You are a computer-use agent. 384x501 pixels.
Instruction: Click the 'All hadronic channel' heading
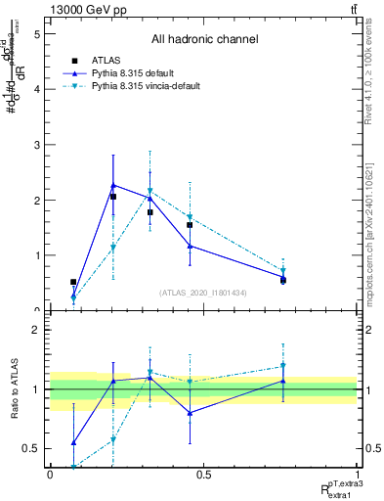(204, 39)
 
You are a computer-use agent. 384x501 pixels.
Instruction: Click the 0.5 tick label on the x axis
(203, 476)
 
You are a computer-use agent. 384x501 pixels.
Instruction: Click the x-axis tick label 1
(357, 476)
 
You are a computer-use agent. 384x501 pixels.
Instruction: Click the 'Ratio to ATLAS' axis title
(14, 388)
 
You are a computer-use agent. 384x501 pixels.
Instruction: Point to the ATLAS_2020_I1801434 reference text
(204, 293)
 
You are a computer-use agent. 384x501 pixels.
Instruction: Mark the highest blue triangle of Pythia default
(113, 185)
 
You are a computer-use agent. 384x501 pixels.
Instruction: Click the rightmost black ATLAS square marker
(283, 280)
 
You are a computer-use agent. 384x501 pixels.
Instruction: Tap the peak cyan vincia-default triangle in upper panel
(149, 192)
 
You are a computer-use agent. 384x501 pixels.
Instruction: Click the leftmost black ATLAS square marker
(73, 282)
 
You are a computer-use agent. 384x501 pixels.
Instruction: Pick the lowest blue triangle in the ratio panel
(73, 442)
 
